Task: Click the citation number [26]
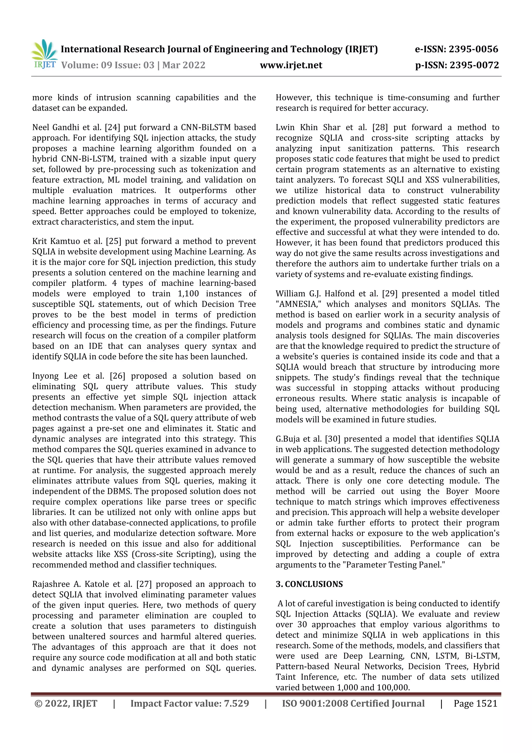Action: (x=117, y=376)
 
